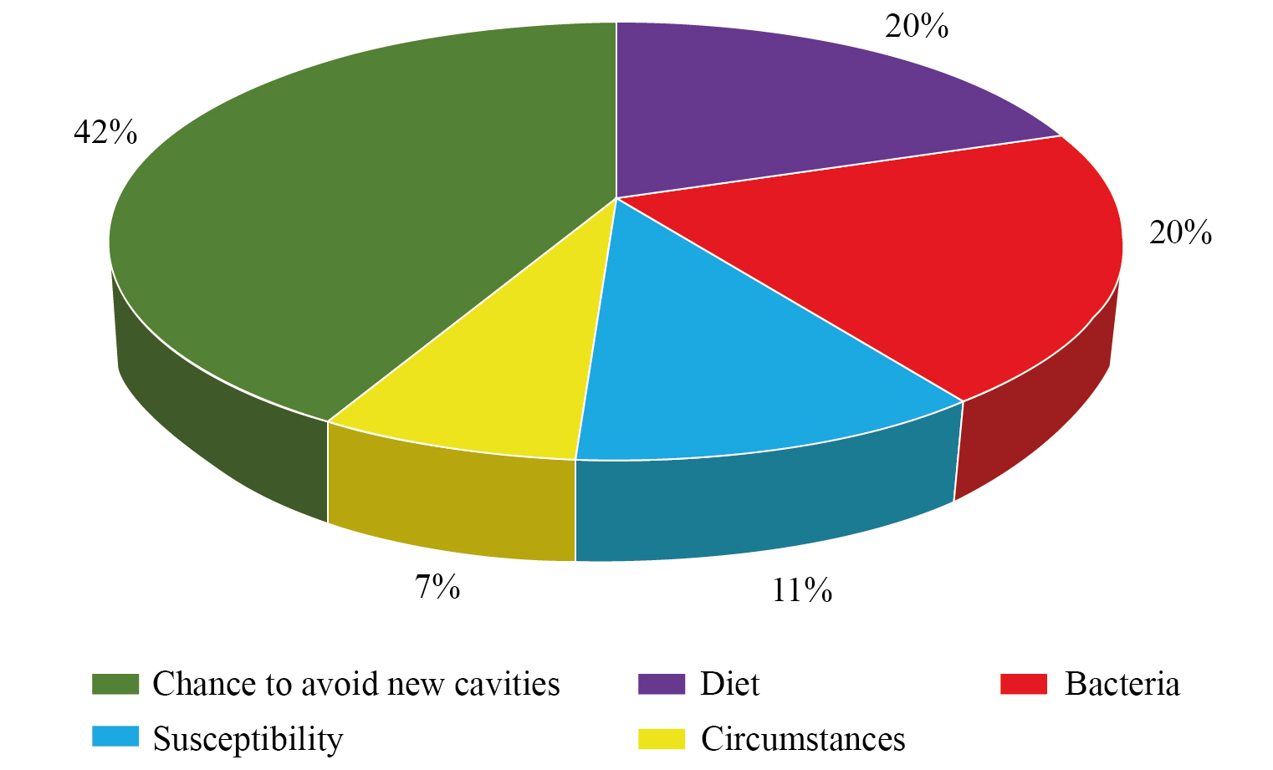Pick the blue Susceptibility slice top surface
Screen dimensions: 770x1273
(x=736, y=368)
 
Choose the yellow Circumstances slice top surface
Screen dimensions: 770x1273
(x=502, y=385)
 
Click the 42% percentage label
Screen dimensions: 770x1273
(x=105, y=132)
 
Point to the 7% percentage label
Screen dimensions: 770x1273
(x=437, y=588)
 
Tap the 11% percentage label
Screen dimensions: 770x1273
(x=801, y=591)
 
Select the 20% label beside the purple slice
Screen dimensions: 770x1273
(x=917, y=27)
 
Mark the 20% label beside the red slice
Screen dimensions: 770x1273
(x=1180, y=232)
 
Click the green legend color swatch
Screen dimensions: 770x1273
(x=115, y=684)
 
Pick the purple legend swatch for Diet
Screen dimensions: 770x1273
(x=661, y=684)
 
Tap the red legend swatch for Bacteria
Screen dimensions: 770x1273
(x=1024, y=684)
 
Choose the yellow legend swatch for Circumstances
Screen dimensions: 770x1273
(x=661, y=739)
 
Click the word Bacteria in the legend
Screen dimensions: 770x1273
(x=1122, y=684)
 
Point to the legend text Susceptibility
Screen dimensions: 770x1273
(x=248, y=740)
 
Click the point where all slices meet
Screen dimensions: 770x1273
(x=616, y=198)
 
